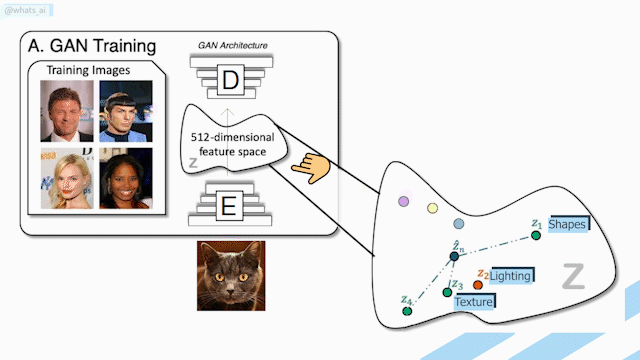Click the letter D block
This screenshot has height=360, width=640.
231,80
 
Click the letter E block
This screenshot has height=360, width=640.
229,206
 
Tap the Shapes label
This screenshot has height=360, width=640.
568,224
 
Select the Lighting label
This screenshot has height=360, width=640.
511,276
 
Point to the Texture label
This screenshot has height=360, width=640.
474,302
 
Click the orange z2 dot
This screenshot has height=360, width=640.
478,285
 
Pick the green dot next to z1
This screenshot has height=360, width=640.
536,236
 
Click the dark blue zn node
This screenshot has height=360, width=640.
454,256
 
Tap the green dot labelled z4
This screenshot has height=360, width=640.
407,311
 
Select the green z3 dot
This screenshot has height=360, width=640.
447,292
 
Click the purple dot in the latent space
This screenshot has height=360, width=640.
404,201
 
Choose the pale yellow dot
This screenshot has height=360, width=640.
433,208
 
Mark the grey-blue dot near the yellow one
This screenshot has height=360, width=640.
459,224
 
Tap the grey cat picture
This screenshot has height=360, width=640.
231,276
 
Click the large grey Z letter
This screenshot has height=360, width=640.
573,276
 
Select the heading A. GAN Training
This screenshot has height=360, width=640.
92,46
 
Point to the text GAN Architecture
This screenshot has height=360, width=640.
233,45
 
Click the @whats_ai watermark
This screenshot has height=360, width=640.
26,11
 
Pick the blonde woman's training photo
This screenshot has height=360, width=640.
67,178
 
